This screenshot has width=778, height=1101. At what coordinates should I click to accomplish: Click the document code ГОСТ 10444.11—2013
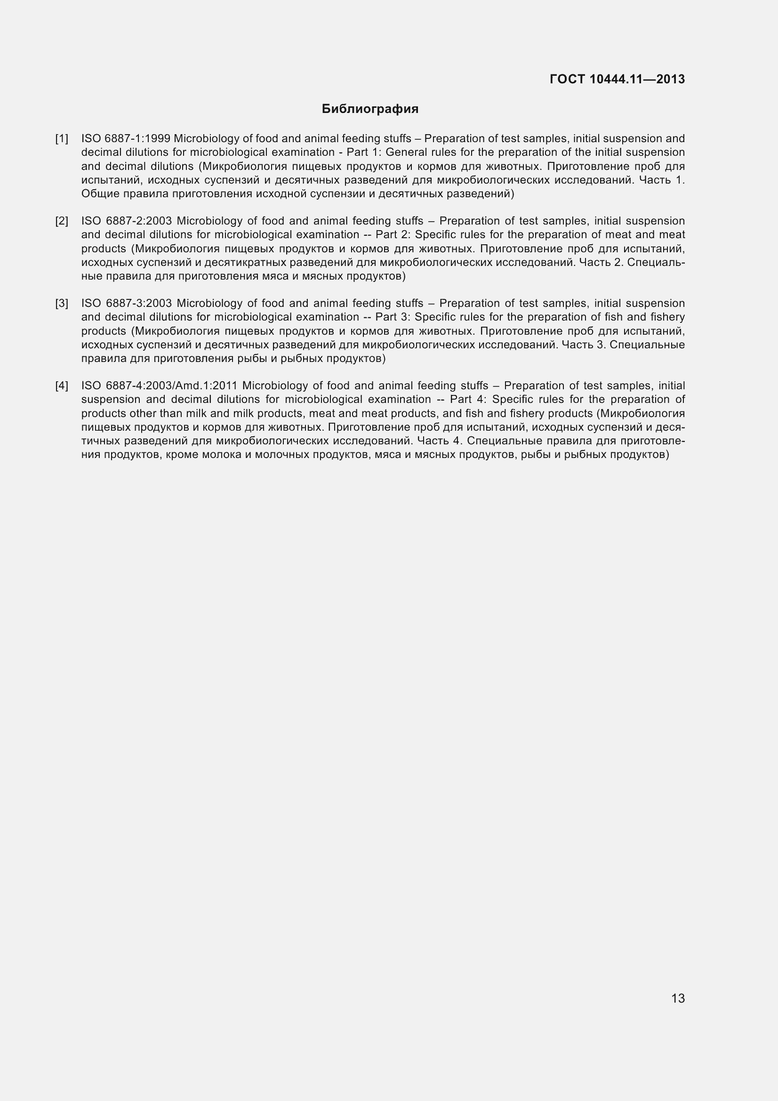coord(617,79)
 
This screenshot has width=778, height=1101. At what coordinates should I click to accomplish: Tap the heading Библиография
coord(370,109)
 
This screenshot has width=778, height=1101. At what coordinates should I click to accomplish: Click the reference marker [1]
coord(62,139)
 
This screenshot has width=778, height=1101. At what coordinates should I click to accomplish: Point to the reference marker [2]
coord(62,221)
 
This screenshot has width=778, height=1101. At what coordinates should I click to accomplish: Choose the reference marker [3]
coord(62,304)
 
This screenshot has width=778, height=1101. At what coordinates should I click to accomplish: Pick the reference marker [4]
coord(62,386)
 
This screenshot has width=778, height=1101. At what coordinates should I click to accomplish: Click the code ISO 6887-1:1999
coord(126,139)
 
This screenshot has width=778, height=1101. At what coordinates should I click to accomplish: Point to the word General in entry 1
coord(406,153)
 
